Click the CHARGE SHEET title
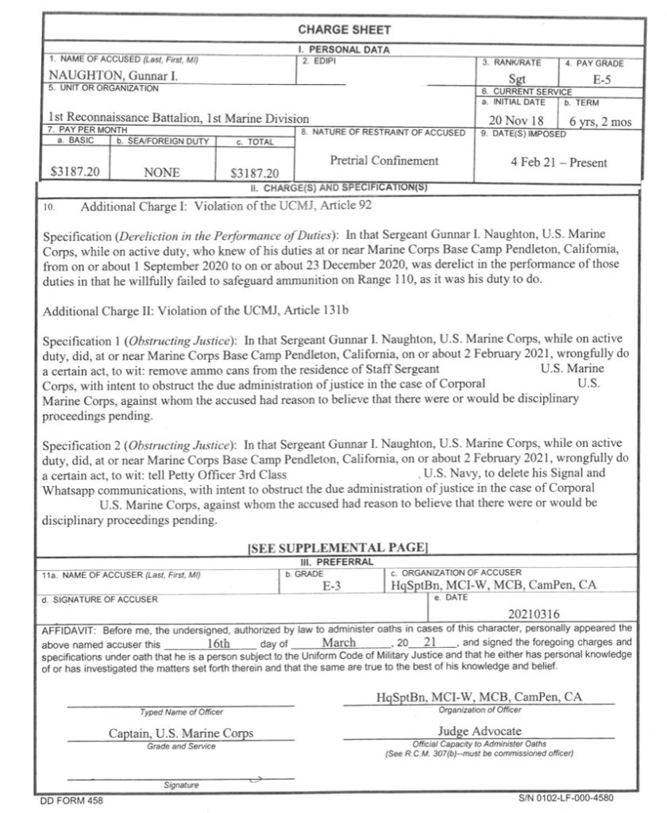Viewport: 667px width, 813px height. click(344, 30)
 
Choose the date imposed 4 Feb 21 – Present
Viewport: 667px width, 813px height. click(559, 163)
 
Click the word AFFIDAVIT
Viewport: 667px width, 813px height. click(67, 626)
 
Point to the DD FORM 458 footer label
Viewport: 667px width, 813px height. click(68, 800)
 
